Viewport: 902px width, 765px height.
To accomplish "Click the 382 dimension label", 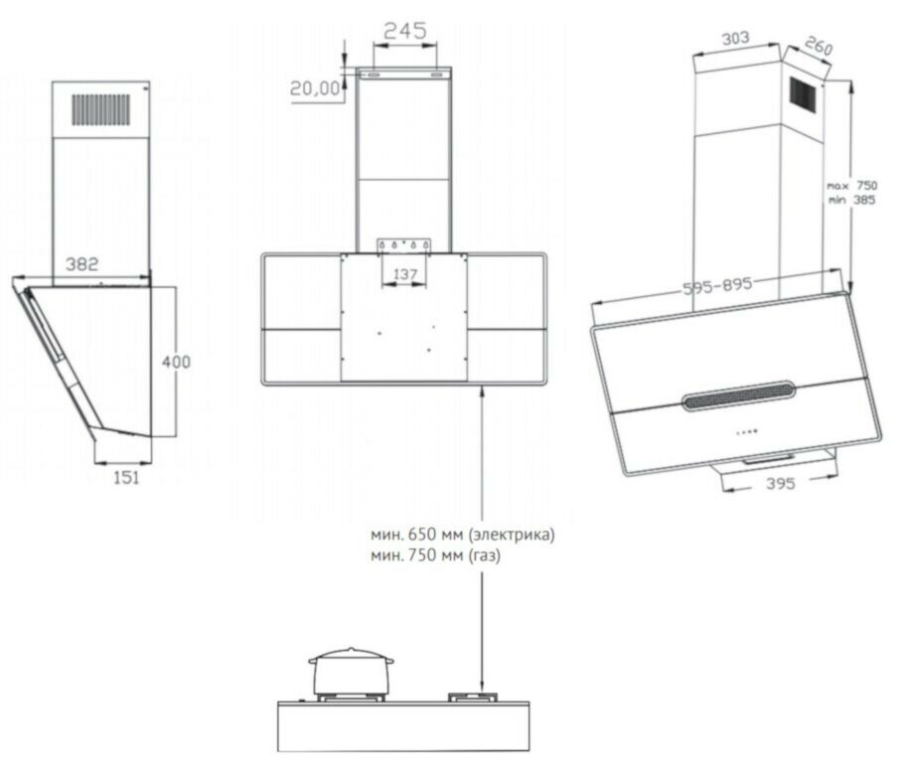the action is (x=81, y=264).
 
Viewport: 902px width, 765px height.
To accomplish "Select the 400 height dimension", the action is (x=176, y=362).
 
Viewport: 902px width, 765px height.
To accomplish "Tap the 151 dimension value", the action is (x=126, y=478).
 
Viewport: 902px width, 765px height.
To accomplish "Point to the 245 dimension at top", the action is (x=405, y=31).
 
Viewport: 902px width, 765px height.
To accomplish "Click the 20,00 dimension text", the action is (x=315, y=88).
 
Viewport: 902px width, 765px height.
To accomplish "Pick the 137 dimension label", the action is (x=405, y=274).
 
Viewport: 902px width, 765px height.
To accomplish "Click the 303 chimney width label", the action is (x=735, y=39).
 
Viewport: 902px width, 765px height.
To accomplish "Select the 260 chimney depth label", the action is (x=818, y=46).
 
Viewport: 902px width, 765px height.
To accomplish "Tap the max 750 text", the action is (x=852, y=186).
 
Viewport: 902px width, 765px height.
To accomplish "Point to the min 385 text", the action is (x=852, y=200).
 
